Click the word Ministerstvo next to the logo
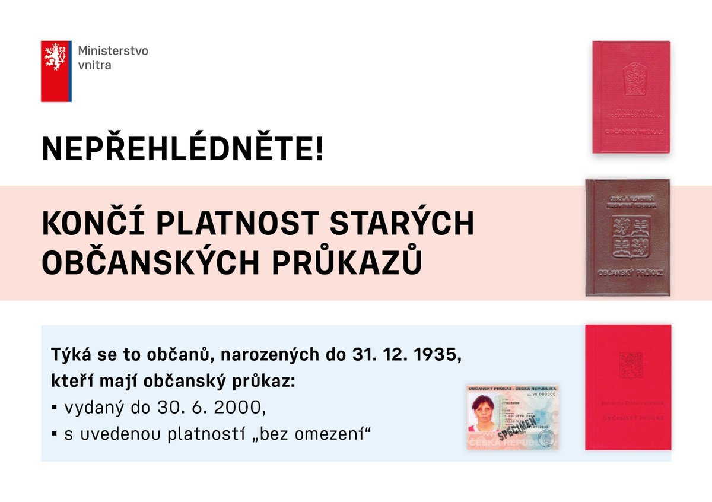(x=113, y=51)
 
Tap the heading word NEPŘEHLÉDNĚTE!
(x=183, y=149)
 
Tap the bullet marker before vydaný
(x=54, y=408)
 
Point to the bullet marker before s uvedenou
(x=54, y=434)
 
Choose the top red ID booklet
(x=631, y=97)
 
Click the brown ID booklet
(x=628, y=237)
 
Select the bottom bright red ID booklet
(x=628, y=387)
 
